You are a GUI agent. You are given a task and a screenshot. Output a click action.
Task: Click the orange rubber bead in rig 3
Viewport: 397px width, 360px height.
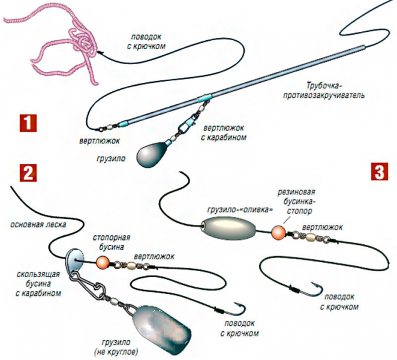tap(278, 232)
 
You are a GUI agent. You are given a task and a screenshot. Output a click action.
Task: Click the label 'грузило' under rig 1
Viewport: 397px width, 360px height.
tap(112, 160)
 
